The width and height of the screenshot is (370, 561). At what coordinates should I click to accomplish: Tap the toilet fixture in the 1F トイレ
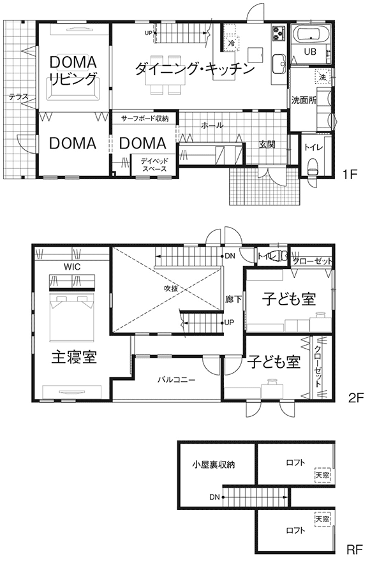313,167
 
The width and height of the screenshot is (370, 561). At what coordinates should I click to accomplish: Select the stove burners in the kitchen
279,33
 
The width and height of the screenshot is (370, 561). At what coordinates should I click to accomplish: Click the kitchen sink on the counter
279,63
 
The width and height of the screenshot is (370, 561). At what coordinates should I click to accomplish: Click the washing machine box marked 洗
322,76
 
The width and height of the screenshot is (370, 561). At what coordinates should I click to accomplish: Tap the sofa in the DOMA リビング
73,90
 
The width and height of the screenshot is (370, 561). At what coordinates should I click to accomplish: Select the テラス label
18,97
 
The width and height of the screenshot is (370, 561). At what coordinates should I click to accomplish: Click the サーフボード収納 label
145,119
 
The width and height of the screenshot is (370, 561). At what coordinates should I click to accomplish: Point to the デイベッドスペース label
154,164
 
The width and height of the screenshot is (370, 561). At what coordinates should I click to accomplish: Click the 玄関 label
267,145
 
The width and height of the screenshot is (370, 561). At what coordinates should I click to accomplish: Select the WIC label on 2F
72,266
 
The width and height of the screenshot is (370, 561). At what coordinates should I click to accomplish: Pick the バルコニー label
177,379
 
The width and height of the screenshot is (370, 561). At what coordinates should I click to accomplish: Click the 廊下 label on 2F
233,299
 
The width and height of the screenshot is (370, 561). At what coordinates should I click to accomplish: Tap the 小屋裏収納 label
213,465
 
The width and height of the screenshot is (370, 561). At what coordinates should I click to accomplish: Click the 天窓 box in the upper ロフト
322,475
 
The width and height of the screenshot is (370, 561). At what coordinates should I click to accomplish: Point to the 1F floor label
350,175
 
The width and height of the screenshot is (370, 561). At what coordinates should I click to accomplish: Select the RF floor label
355,550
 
